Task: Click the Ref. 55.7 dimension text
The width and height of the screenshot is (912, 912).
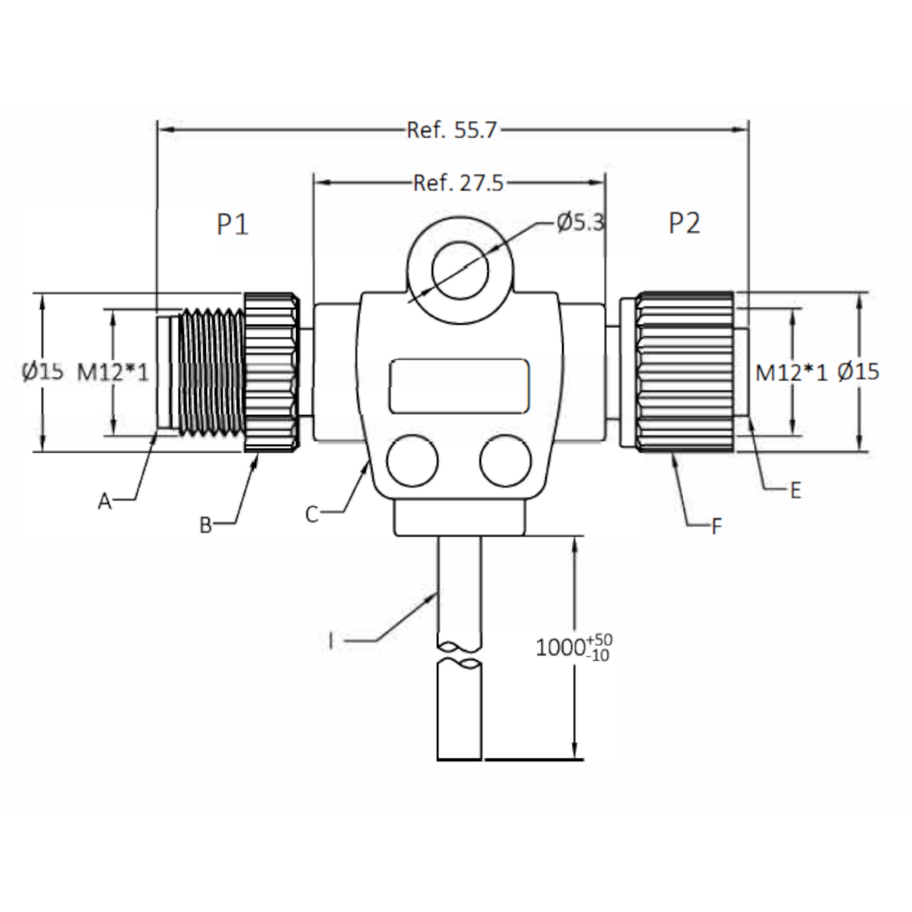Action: click(452, 130)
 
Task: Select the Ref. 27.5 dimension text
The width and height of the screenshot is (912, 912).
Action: click(458, 183)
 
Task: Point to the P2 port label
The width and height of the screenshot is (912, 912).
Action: click(684, 223)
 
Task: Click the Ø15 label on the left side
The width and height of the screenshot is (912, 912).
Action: click(43, 372)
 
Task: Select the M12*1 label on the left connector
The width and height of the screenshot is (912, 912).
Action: click(113, 373)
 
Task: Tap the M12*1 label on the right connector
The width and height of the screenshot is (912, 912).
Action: click(792, 373)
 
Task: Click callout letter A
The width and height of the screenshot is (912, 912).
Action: click(105, 501)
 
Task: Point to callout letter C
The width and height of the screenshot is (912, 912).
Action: click(312, 515)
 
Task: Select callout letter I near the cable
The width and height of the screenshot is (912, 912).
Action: click(331, 641)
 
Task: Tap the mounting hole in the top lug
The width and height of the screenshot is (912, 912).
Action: click(460, 271)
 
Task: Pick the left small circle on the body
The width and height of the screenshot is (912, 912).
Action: click(412, 461)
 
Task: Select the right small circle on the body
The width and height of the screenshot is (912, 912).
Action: click(505, 461)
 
